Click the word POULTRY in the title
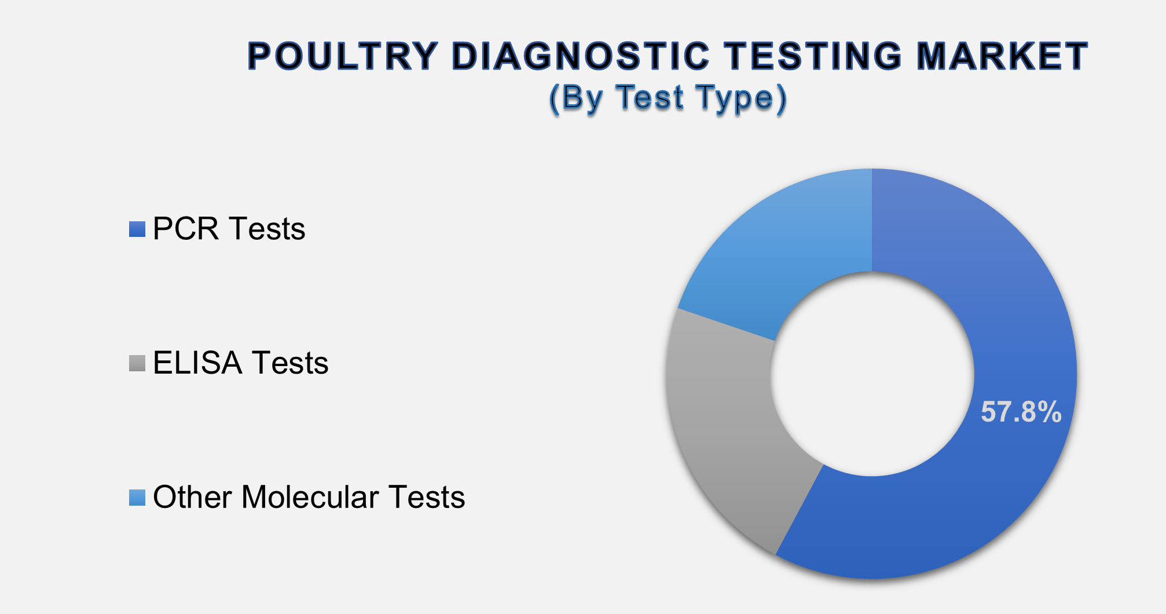point(342,56)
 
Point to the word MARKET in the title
point(1002,56)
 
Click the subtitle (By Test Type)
point(668,97)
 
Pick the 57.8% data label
point(1021,412)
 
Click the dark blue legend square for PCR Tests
point(137,229)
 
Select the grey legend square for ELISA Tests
point(137,363)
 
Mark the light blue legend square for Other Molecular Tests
point(137,498)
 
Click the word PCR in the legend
point(186,229)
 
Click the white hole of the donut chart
point(872,374)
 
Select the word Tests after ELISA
point(290,363)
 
